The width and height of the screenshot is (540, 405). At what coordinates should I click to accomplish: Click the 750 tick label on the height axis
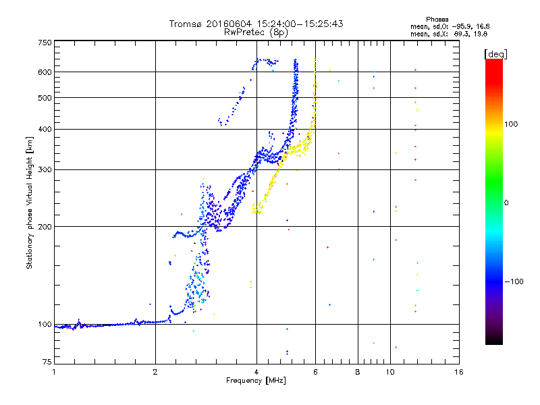[45, 43]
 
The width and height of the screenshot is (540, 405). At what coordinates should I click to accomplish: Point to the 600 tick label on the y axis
[45, 72]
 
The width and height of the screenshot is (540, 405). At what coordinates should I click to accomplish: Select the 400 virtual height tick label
[45, 129]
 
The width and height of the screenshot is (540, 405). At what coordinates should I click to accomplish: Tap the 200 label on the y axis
[45, 227]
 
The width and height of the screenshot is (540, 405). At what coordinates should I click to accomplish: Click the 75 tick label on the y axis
[47, 362]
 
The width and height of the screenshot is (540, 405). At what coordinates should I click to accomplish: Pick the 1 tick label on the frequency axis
[54, 372]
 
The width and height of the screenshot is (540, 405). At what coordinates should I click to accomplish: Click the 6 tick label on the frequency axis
[315, 372]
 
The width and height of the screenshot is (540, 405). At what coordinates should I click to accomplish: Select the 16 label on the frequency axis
[459, 372]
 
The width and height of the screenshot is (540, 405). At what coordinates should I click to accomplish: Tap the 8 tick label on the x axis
[358, 372]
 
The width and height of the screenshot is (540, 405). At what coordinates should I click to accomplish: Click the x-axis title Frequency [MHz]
[256, 381]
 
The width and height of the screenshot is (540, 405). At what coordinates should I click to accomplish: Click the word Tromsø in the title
[186, 24]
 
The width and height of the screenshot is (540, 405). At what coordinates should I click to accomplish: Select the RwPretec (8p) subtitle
[256, 32]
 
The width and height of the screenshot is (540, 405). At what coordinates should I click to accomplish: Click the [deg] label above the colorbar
[495, 54]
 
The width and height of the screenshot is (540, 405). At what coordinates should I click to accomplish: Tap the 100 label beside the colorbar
[511, 124]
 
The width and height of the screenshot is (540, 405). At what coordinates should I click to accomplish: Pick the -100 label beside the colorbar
[514, 281]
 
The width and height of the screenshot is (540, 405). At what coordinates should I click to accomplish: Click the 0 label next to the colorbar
[506, 203]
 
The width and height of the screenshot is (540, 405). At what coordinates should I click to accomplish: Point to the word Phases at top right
[437, 20]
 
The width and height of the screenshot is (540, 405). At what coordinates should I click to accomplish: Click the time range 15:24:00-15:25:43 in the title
[300, 24]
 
